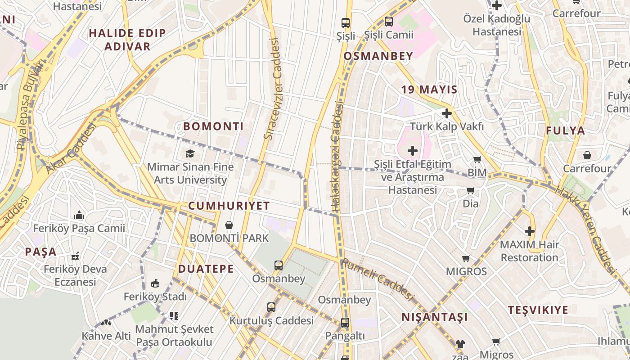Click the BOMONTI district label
coord(213,126)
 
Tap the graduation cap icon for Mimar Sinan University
coord(190,154)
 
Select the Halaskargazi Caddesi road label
coord(337,157)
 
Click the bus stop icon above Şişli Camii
coord(389,21)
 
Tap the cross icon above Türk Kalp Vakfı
coord(446,113)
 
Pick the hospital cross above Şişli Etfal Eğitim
coord(412,151)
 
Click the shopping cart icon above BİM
coord(477,160)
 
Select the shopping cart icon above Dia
coord(471,191)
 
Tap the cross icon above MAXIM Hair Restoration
coord(530,232)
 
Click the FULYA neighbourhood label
coord(565,131)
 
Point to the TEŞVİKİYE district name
coord(538,310)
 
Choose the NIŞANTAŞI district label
coord(435,317)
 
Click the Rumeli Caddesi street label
coord(377,279)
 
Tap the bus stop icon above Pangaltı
coord(345,323)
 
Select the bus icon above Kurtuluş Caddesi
coord(271,307)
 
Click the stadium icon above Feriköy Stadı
coord(155,283)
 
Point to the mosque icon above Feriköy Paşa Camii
coord(79,215)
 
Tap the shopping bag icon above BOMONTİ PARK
coord(229,225)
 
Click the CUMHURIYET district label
coord(229,206)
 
